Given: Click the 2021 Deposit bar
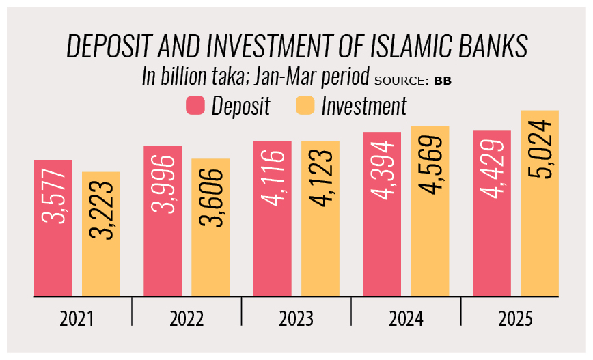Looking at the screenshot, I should [53, 228].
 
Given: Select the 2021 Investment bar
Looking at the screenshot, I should [101, 234].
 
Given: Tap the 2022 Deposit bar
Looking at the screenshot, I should [163, 221].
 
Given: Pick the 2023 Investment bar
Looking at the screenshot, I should [320, 219].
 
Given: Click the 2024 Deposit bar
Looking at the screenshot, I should [382, 214].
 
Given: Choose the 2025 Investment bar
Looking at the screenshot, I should [540, 204].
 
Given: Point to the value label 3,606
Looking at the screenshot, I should [210, 196].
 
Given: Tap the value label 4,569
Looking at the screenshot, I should [430, 168].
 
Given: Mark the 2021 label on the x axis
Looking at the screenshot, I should [77, 320].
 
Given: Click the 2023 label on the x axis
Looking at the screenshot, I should [296, 320].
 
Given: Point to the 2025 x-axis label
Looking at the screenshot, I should [515, 320].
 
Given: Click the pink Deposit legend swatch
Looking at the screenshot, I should [195, 106].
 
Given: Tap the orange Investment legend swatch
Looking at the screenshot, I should [305, 106].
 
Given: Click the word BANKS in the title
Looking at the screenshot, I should [495, 47].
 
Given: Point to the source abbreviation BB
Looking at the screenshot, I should [443, 81].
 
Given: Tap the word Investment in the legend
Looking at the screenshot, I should [363, 106].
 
